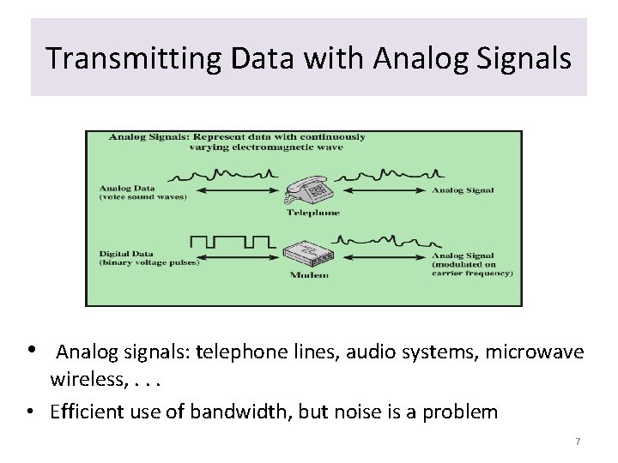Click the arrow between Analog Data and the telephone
[x=238, y=189]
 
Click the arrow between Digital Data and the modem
[x=238, y=256]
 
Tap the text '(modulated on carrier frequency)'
[x=471, y=268]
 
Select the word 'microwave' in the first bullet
[x=539, y=352]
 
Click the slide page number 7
[x=578, y=441]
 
